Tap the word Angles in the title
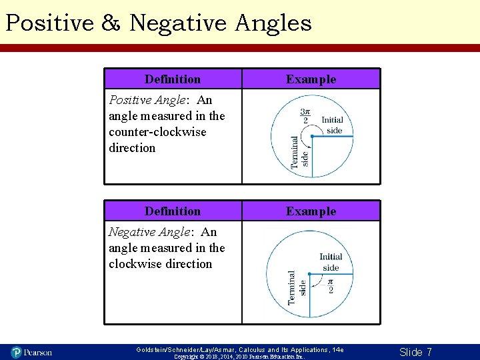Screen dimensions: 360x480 click(273, 23)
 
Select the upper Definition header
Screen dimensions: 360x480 click(173, 79)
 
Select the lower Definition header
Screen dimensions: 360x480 click(173, 211)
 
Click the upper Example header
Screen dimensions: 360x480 click(311, 79)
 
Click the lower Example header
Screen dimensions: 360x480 click(311, 211)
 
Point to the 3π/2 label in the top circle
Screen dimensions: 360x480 click(305, 116)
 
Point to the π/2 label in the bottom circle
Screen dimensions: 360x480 click(331, 285)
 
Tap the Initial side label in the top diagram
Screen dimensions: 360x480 click(333, 125)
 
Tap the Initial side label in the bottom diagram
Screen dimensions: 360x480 click(331, 262)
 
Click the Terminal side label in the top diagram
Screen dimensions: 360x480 click(300, 151)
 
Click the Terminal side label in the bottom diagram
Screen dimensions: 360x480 click(297, 288)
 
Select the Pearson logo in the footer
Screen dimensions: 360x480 click(31, 352)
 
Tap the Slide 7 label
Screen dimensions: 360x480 click(415, 352)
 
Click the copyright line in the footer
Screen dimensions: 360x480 click(239, 357)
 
